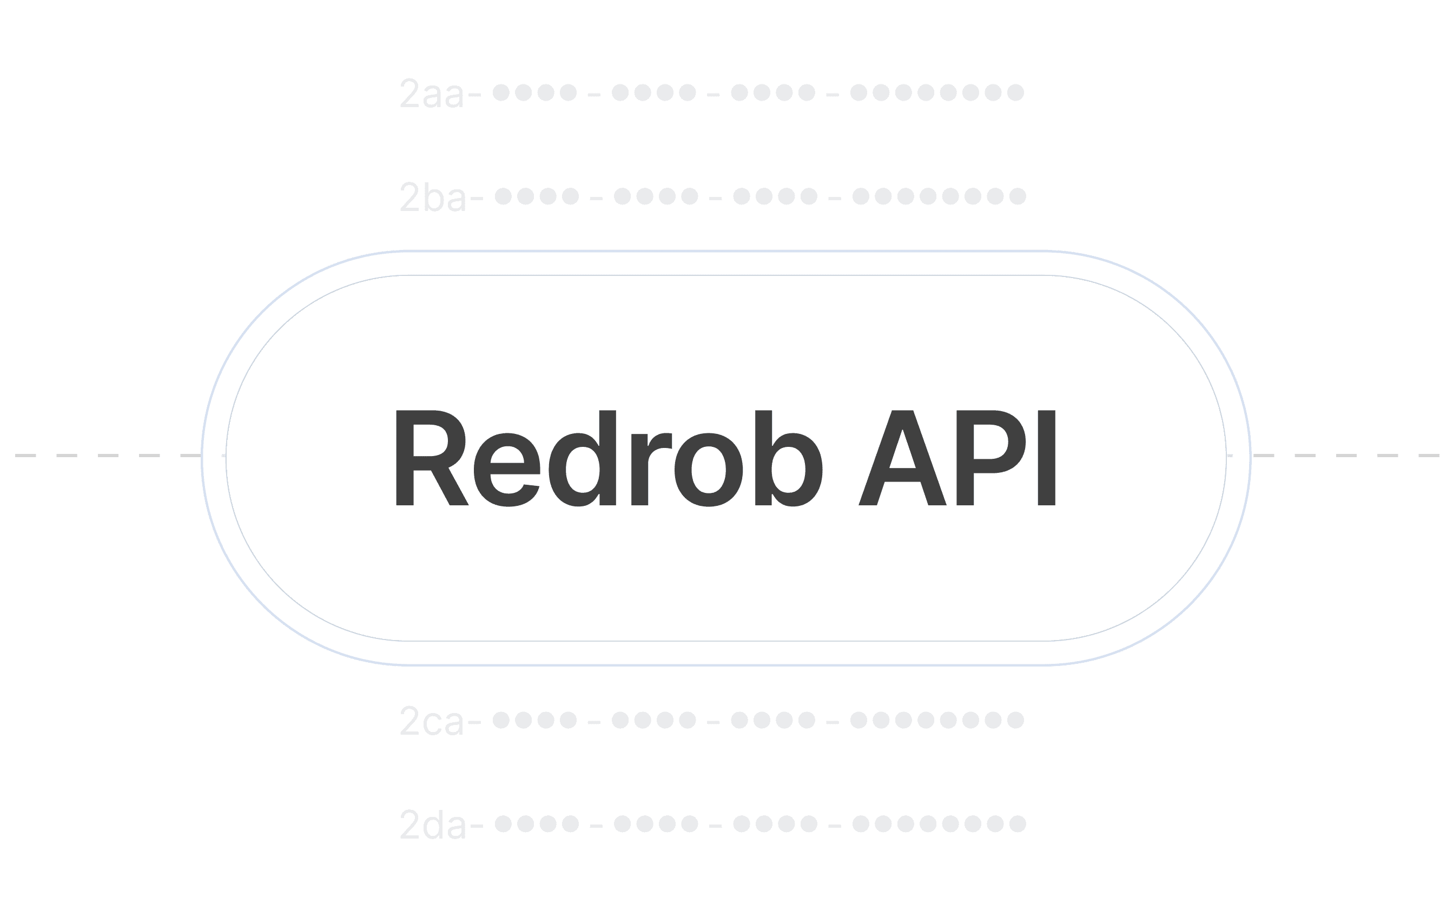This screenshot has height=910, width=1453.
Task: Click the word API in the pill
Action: (956, 459)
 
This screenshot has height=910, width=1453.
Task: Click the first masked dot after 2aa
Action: (501, 93)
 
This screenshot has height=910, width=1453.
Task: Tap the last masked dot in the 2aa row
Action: (1015, 93)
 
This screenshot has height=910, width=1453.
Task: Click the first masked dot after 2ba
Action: (504, 196)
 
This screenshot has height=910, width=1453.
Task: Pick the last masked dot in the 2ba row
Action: (1018, 196)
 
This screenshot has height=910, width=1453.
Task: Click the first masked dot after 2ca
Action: (501, 720)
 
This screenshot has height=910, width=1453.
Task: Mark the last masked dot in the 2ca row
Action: (1015, 720)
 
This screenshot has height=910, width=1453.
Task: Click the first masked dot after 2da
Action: (504, 823)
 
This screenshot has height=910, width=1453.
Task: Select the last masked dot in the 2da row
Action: (1018, 823)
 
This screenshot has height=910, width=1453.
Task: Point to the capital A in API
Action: (902, 459)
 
